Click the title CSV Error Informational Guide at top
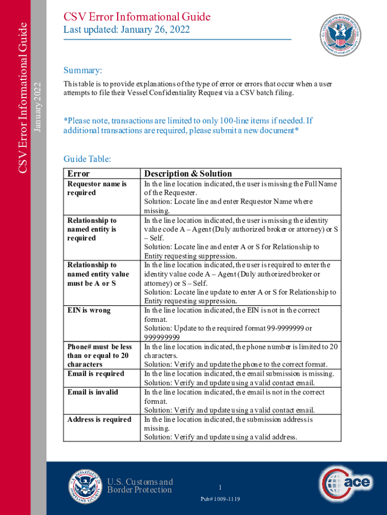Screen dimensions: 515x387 (137, 17)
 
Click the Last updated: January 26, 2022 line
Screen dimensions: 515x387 (126, 30)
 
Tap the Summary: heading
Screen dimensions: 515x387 (83, 69)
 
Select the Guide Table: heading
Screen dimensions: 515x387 (87, 159)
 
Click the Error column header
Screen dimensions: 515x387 (78, 174)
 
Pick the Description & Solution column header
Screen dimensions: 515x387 (188, 174)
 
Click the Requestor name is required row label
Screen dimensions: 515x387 (96, 188)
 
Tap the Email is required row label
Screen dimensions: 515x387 (95, 374)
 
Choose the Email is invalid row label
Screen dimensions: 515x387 (92, 392)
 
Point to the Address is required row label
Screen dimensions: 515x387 (100, 419)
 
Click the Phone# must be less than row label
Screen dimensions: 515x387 (100, 355)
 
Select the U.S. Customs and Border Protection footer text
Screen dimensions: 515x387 (139, 486)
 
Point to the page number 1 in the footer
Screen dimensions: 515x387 (220, 487)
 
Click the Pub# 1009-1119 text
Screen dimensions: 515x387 (220, 498)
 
